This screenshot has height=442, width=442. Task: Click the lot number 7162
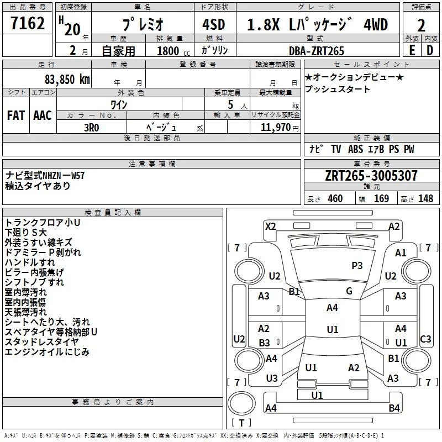point(28,23)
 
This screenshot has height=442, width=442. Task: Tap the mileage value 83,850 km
point(67,80)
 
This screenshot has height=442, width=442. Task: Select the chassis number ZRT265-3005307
point(371,176)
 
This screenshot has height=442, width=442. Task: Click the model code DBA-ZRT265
point(317,51)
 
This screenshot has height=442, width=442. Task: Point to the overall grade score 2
point(421,25)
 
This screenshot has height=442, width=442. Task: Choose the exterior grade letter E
point(412,50)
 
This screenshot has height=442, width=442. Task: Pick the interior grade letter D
point(430,50)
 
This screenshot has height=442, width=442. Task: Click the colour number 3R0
point(92,128)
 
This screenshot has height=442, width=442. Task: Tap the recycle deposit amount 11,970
point(275,128)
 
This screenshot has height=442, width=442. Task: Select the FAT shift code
point(16,115)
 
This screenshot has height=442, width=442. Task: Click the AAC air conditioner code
point(43,115)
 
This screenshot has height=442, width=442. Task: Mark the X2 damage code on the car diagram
point(270,227)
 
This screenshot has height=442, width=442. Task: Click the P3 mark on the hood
point(357,265)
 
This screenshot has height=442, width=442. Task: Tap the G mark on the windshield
point(349,291)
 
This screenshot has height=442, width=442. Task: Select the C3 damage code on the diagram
point(425,339)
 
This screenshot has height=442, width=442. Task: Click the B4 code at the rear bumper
point(394,408)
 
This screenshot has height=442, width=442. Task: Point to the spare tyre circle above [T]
point(241,403)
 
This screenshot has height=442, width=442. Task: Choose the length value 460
point(335,198)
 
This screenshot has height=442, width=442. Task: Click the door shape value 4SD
point(214,24)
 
